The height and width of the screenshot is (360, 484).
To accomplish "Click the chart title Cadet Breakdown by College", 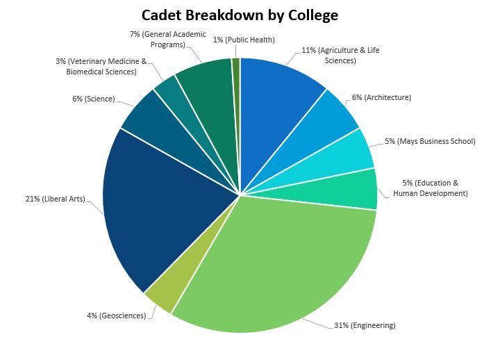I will click(x=240, y=15).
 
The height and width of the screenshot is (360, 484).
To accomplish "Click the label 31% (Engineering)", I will click(x=365, y=325).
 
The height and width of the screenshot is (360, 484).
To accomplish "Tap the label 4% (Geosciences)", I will click(x=116, y=316).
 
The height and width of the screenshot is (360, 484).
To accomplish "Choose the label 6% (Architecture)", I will click(x=381, y=97).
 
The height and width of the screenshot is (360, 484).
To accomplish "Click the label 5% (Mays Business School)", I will click(x=430, y=141).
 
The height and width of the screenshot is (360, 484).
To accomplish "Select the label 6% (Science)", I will click(x=93, y=99).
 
